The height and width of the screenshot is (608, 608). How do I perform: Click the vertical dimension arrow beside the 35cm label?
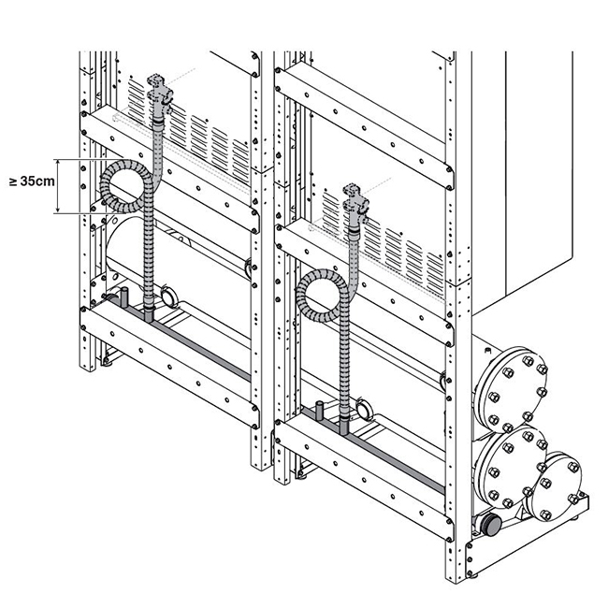coord(59,184)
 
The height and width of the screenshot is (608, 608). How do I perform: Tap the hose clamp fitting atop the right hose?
coord(355,202)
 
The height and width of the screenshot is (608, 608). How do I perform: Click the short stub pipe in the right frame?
coord(318,412)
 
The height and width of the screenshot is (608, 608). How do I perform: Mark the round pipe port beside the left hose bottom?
coord(168,297)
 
